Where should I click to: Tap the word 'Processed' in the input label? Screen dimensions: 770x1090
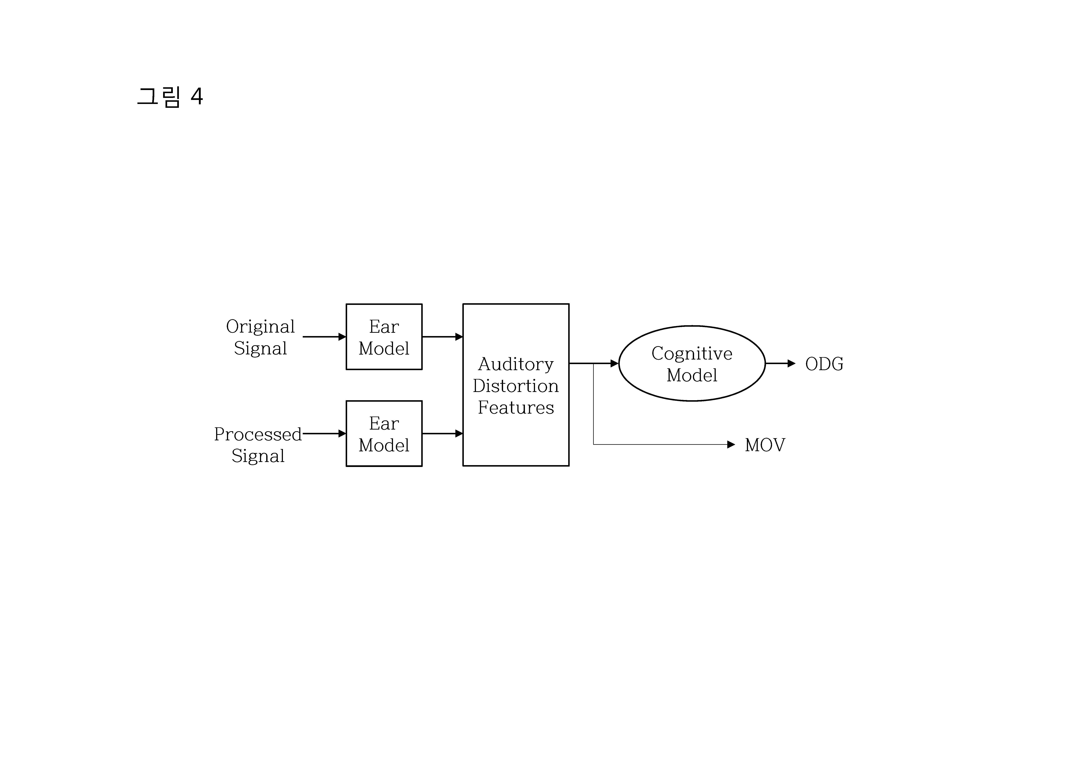point(258,434)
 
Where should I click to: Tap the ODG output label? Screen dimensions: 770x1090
point(824,364)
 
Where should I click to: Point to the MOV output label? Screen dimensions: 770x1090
point(765,445)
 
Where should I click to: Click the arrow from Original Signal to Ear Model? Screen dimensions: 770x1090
point(324,337)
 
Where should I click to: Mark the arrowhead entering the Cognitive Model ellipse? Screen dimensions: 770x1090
point(614,363)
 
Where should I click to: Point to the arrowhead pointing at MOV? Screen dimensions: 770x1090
point(731,445)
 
